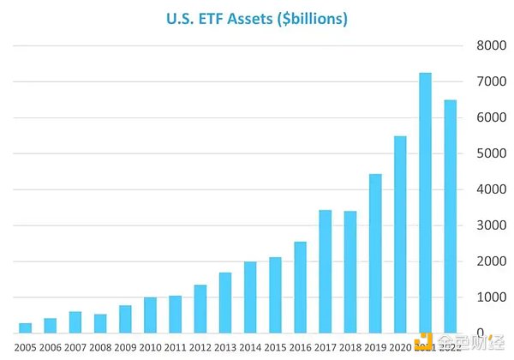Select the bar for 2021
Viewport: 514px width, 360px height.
tap(425, 202)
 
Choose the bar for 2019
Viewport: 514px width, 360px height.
tap(375, 253)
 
